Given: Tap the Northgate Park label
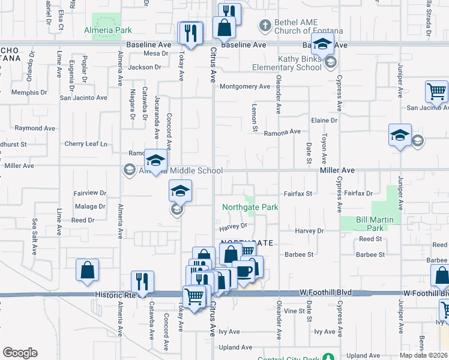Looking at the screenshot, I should [250, 207].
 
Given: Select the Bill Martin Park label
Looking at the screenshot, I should [375, 224].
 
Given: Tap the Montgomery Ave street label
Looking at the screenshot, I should [245, 86].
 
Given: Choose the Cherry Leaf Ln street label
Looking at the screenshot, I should [85, 144].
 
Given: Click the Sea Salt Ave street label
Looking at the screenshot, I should [35, 237].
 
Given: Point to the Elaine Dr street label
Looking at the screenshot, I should [324, 121].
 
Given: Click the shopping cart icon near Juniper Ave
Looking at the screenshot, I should [436, 92].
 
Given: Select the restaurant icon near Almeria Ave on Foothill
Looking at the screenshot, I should [142, 281].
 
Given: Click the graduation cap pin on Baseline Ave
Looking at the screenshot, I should [322, 44].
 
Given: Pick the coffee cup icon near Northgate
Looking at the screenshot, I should [243, 271].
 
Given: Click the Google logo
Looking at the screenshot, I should [20, 353].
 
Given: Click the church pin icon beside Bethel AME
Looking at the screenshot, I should [264, 25].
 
